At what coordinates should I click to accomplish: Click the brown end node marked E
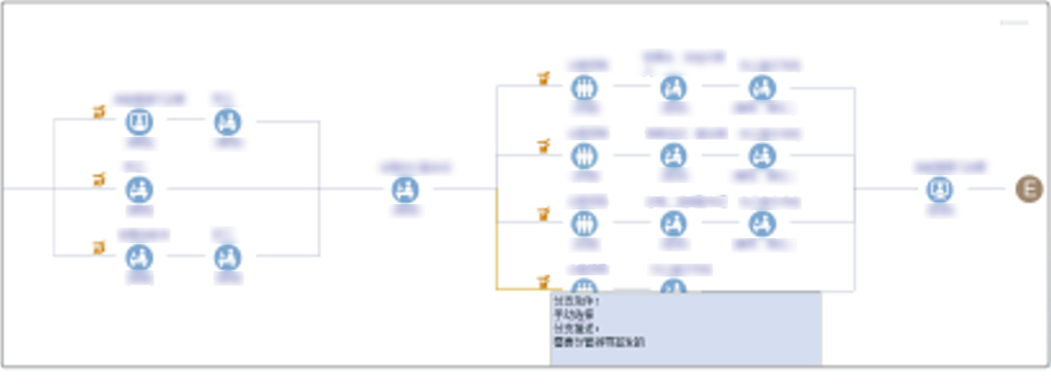click(1029, 189)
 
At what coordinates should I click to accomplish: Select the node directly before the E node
click(940, 189)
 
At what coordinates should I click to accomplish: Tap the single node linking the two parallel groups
click(406, 189)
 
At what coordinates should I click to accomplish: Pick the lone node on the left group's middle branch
click(140, 189)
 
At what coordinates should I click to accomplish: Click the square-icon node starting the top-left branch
click(140, 122)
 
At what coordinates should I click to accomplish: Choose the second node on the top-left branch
click(228, 122)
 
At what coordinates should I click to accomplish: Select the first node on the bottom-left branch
click(140, 257)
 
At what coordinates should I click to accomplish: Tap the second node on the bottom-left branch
click(228, 257)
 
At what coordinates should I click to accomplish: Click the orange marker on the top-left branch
click(98, 113)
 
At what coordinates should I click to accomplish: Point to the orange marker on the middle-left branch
click(98, 180)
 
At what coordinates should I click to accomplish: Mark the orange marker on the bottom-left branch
click(98, 248)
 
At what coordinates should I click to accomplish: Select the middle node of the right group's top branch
click(672, 88)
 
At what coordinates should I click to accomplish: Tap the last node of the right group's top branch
click(762, 88)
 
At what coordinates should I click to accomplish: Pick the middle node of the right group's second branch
click(672, 155)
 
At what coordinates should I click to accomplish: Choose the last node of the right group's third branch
click(762, 223)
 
